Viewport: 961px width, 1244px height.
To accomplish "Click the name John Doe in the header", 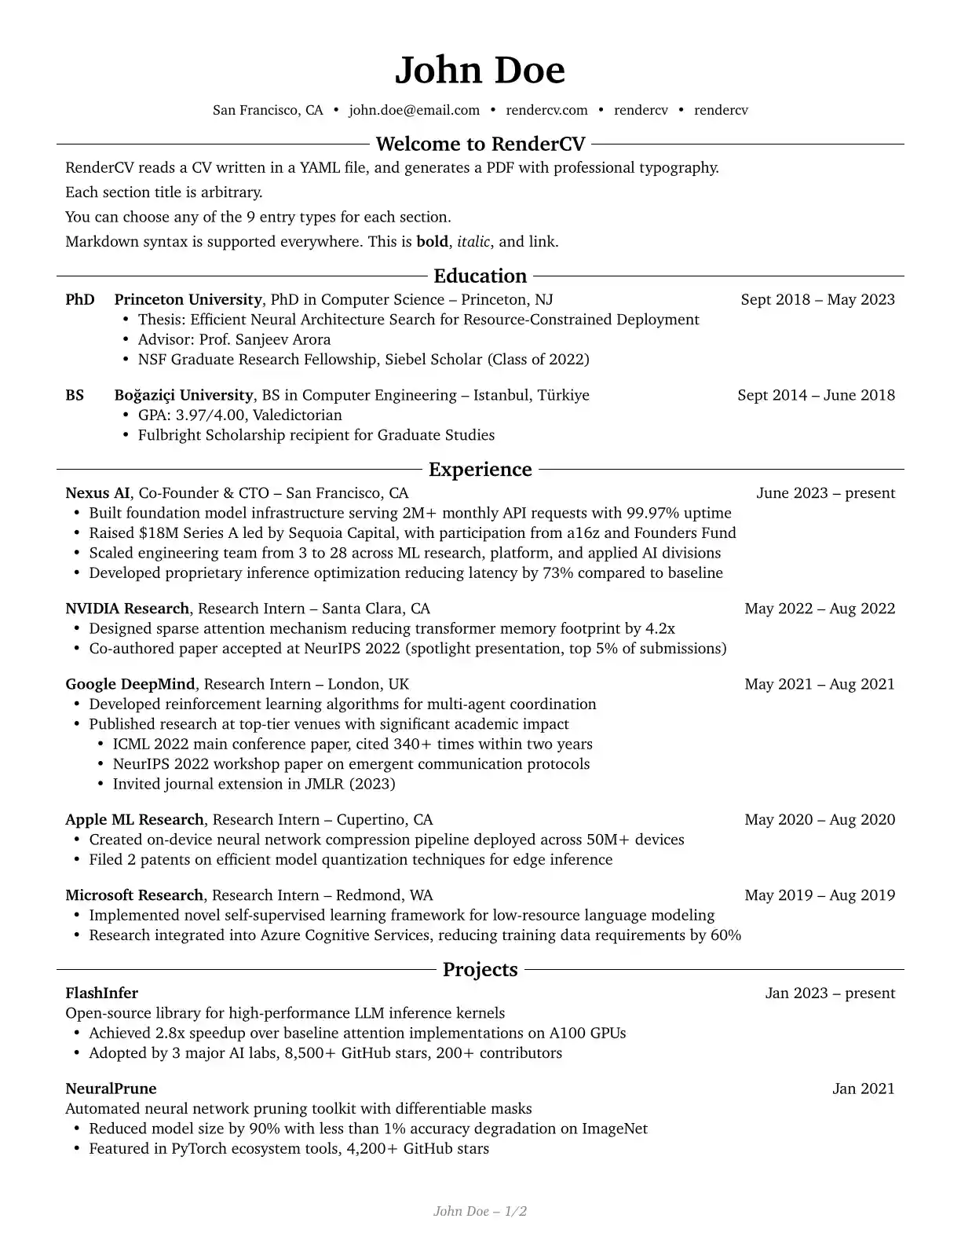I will pos(480,70).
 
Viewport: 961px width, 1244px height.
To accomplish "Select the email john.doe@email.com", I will pos(414,110).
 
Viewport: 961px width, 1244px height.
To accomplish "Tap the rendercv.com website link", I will pos(546,110).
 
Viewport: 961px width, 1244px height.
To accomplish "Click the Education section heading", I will pos(480,276).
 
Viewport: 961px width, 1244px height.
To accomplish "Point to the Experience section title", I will pos(480,469).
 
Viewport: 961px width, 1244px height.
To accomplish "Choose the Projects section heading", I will pos(480,969).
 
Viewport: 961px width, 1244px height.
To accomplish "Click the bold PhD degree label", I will pos(80,299).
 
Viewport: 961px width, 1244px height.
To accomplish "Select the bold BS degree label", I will pos(75,395).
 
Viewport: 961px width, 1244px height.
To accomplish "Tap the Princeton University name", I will pos(188,299).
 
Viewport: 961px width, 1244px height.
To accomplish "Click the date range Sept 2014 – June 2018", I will pos(816,395).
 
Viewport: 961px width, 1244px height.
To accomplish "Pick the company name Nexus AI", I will pos(97,493).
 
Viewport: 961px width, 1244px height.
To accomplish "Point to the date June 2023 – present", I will pos(825,493).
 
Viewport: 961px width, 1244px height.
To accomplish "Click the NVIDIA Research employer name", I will pos(127,609).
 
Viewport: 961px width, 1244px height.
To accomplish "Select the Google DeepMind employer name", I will pos(130,684).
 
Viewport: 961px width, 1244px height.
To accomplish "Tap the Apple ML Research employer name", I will pos(134,820).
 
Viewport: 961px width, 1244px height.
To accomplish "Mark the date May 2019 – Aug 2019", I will pos(820,895).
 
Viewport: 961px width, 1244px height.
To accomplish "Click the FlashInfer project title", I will pos(101,993).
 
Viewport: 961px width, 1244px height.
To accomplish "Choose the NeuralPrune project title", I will pos(111,1088).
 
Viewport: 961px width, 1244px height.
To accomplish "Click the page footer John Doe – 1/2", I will pos(480,1211).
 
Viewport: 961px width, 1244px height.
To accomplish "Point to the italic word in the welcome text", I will pos(473,242).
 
